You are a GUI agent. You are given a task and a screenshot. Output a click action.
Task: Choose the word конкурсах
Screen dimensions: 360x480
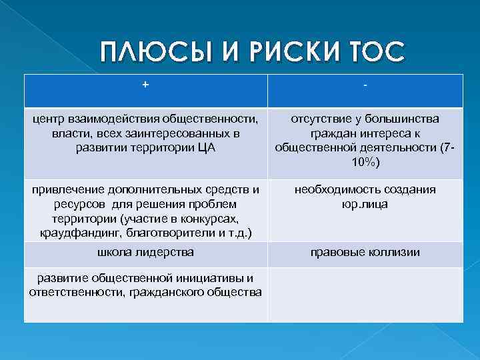(x=203, y=217)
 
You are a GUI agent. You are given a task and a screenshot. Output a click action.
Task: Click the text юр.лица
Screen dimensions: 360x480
(x=366, y=203)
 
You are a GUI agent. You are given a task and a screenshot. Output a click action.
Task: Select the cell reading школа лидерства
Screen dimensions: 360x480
(x=145, y=252)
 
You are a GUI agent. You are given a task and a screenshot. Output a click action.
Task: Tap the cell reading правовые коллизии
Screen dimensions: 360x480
(x=366, y=252)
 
